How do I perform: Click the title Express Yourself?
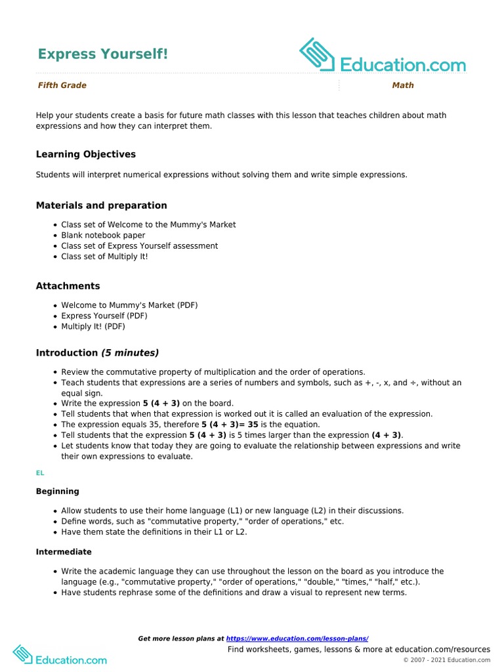(x=102, y=54)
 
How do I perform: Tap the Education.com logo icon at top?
(x=318, y=55)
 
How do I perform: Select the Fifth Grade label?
(x=62, y=85)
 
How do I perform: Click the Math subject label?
(x=403, y=85)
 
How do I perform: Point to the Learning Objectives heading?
(x=86, y=154)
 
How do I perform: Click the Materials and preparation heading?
(x=101, y=205)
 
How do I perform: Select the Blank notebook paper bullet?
(x=103, y=235)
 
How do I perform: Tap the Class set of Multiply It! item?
(x=104, y=256)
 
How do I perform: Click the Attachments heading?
(x=68, y=286)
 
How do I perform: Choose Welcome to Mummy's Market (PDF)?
(x=129, y=305)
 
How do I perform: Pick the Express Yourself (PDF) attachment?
(x=104, y=316)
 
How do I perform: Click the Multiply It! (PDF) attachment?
(x=93, y=326)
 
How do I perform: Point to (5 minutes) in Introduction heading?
(x=130, y=353)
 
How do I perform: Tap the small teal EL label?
(x=40, y=472)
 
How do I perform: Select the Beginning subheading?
(x=57, y=492)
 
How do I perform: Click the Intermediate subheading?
(x=64, y=552)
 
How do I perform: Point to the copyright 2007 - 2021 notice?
(x=446, y=660)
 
